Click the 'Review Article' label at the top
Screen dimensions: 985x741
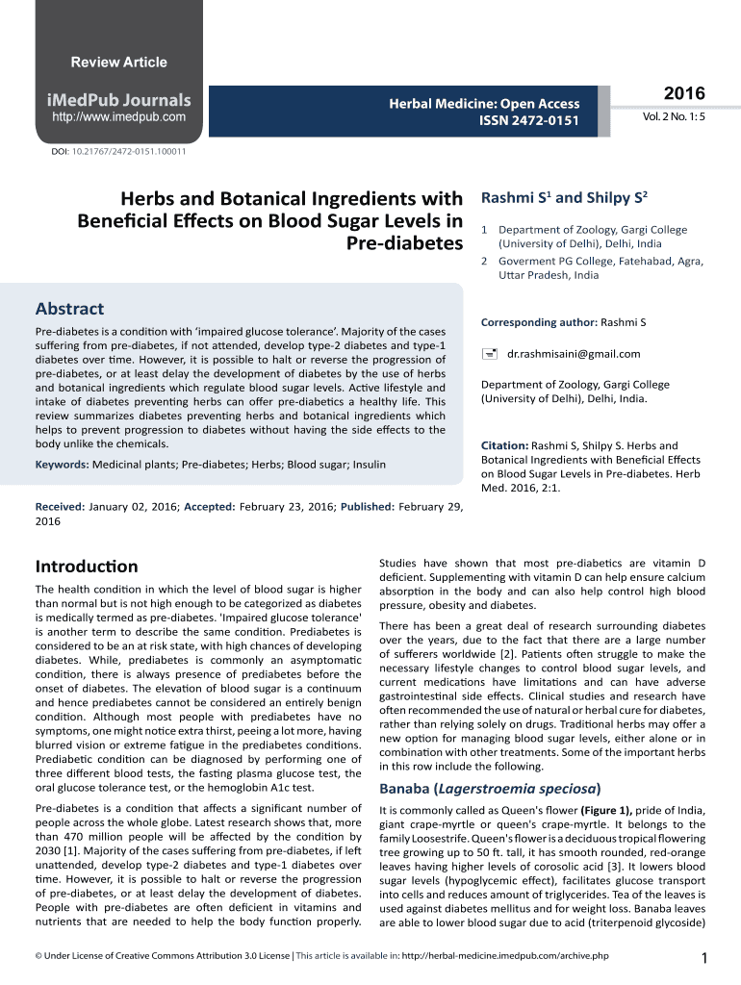[119, 63]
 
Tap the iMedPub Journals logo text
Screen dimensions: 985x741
[120, 100]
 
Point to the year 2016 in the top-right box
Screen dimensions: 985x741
[684, 93]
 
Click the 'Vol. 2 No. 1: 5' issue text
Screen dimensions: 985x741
[674, 116]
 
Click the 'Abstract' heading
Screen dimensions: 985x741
[69, 309]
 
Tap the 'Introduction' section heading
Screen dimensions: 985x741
[87, 566]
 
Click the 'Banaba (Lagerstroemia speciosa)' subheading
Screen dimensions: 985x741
[491, 789]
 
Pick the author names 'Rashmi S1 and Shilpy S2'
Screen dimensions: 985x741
[563, 198]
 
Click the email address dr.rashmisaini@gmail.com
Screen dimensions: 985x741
[574, 354]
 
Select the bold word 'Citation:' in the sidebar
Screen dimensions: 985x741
[504, 446]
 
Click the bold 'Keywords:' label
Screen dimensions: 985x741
[63, 465]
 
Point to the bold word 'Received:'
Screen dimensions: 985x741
[60, 506]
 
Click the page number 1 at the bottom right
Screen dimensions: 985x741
[705, 957]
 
